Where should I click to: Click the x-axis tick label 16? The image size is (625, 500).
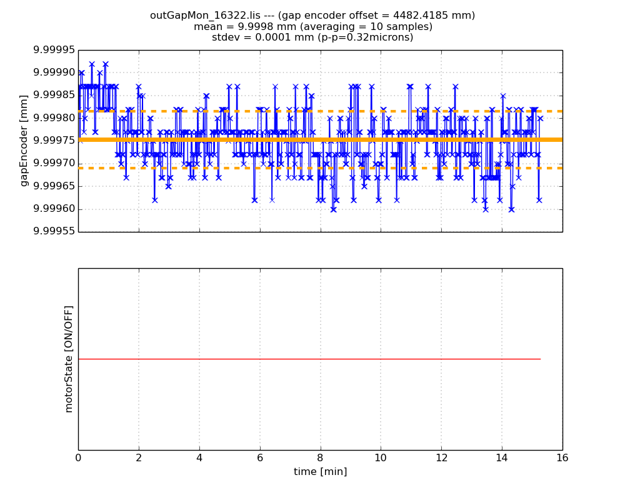click(562, 457)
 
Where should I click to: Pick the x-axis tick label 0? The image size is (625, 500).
click(78, 457)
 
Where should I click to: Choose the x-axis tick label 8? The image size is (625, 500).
click(320, 457)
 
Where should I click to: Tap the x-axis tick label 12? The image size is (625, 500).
click(441, 457)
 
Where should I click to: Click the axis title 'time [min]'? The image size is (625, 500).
click(320, 472)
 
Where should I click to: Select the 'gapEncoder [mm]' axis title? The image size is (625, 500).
click(24, 141)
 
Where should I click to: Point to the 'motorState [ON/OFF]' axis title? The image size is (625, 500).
click(69, 359)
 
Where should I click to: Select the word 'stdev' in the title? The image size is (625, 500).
click(226, 37)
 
